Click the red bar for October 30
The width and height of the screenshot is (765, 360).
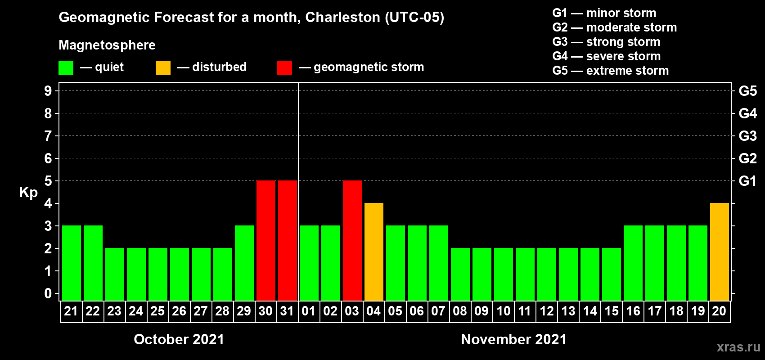pyautogui.click(x=265, y=240)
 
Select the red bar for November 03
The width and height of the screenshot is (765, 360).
pyautogui.click(x=352, y=240)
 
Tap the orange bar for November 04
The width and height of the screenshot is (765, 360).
pyautogui.click(x=373, y=252)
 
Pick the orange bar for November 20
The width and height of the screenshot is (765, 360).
pyautogui.click(x=719, y=252)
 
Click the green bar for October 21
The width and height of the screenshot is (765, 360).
pyautogui.click(x=71, y=263)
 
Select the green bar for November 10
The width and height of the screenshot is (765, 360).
pyautogui.click(x=503, y=274)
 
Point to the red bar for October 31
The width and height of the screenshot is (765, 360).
pyautogui.click(x=287, y=240)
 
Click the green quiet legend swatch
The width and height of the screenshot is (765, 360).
pyautogui.click(x=66, y=68)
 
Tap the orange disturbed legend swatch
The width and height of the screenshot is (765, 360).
pyautogui.click(x=163, y=68)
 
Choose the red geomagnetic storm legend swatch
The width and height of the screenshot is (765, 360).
pyautogui.click(x=284, y=68)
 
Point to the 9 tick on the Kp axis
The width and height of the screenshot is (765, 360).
pyautogui.click(x=48, y=91)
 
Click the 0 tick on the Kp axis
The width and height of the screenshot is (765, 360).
pyautogui.click(x=48, y=293)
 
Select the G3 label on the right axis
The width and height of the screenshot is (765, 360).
pyautogui.click(x=747, y=136)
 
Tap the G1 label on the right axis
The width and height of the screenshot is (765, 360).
pyautogui.click(x=747, y=181)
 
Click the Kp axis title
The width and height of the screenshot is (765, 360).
pyautogui.click(x=28, y=193)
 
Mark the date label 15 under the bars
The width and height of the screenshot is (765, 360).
pyautogui.click(x=611, y=311)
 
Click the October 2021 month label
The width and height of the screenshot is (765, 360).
pyautogui.click(x=179, y=339)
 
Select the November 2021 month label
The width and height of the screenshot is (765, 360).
pyautogui.click(x=513, y=339)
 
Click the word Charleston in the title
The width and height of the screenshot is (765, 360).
pyautogui.click(x=342, y=17)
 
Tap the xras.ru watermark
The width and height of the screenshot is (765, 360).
pyautogui.click(x=738, y=347)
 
